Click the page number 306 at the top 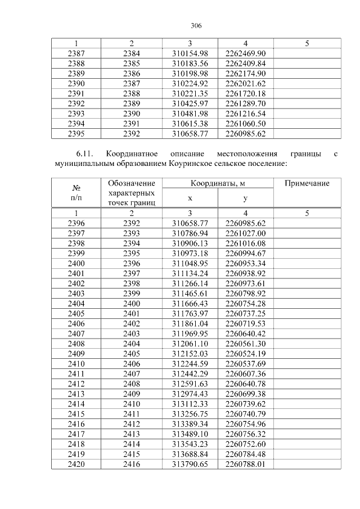coord(196,26)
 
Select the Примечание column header coord(307,184)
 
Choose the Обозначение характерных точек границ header coord(131,193)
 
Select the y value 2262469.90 coord(245,53)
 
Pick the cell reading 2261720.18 coord(245,93)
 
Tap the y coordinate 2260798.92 coord(245,293)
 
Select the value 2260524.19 coord(245,354)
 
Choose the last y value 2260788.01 coord(245,465)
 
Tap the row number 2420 coord(76,465)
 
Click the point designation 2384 coord(131,53)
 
